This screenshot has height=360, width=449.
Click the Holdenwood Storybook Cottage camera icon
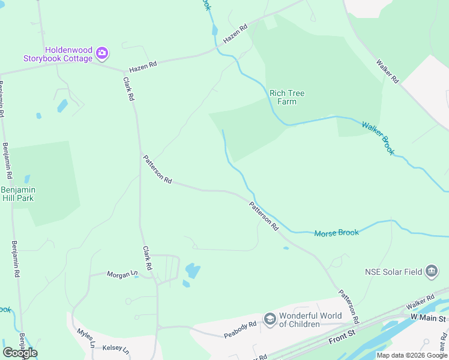(102, 53)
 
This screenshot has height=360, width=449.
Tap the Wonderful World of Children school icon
(270, 319)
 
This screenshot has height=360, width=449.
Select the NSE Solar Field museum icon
(431, 272)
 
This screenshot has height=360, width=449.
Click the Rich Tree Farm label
(283, 97)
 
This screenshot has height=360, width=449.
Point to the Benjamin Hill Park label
(18, 193)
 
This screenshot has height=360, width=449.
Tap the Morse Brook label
(336, 233)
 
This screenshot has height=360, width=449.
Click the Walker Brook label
(378, 138)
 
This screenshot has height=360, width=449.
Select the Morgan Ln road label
(122, 275)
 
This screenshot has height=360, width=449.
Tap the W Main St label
(429, 317)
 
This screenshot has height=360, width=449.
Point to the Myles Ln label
(86, 338)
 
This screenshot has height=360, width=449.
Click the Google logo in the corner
(20, 353)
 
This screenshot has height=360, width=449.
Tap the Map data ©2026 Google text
(412, 355)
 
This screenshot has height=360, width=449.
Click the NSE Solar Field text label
(393, 272)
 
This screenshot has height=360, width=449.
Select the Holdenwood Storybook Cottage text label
(58, 54)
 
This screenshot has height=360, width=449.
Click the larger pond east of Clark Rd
(193, 271)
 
